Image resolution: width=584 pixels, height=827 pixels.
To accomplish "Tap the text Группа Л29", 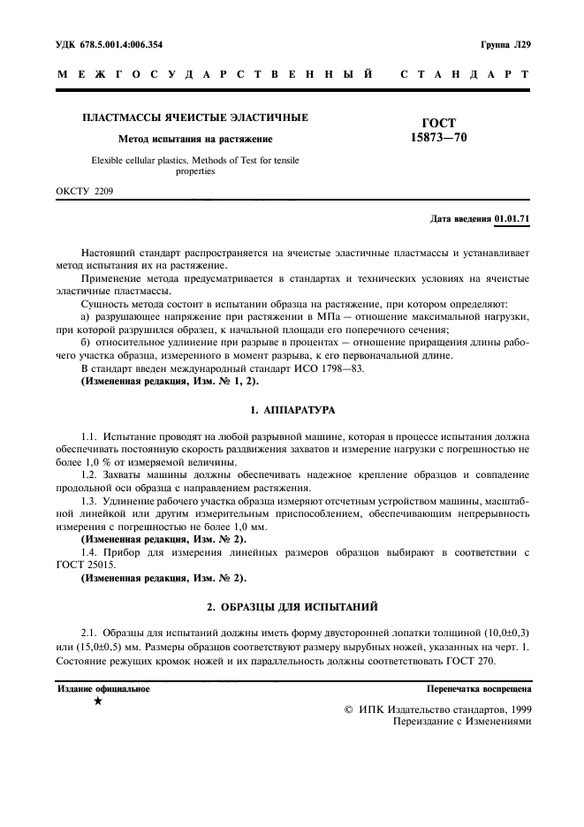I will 504,43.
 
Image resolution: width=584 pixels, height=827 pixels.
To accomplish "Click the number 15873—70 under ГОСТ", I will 439,138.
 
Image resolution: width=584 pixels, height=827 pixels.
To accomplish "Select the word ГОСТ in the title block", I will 439,123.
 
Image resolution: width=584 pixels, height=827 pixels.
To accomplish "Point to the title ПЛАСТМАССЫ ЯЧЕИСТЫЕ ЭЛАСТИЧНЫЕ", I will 195,117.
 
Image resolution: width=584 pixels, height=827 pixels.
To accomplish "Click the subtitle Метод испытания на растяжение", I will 195,139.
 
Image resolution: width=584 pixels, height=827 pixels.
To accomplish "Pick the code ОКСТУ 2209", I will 85,190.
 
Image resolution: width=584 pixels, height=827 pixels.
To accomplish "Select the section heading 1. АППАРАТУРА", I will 292,412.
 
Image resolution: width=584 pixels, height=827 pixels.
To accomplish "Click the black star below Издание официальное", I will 98,701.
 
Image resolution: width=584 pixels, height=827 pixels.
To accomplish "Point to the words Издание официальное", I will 103,687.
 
